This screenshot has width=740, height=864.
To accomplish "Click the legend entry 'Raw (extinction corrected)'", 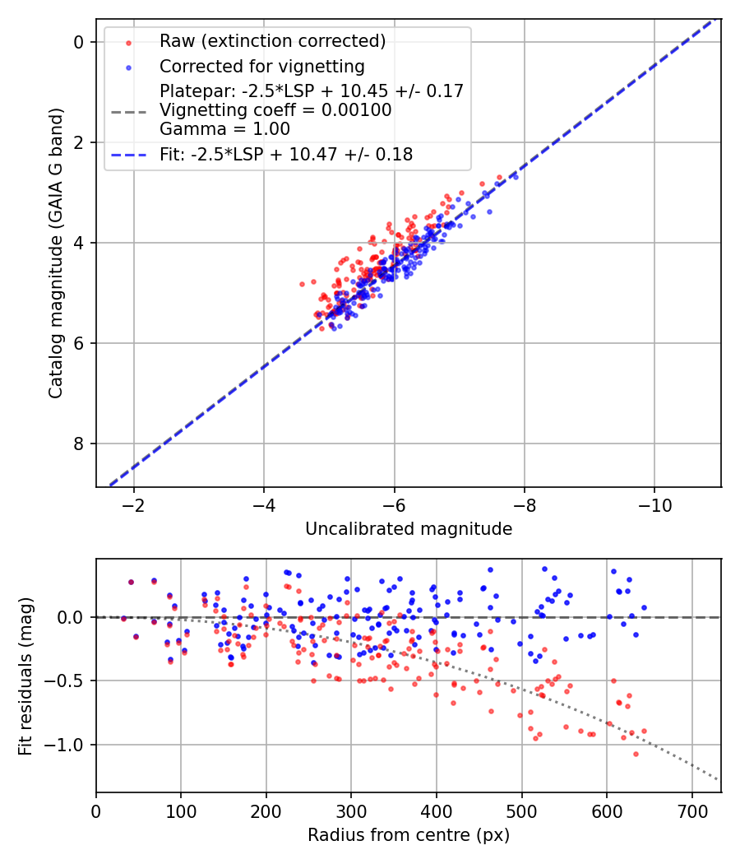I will pyautogui.click(x=272, y=41).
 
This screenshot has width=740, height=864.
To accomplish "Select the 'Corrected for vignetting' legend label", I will pyautogui.click(x=261, y=66).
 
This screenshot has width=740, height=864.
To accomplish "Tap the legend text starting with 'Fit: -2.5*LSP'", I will pyautogui.click(x=286, y=154).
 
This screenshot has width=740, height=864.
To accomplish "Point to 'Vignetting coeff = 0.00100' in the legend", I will pyautogui.click(x=275, y=109).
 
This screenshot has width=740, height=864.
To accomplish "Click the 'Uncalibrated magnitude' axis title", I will pyautogui.click(x=409, y=529).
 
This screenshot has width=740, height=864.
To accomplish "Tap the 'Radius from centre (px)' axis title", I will pyautogui.click(x=409, y=835).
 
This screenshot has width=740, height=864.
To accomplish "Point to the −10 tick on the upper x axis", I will pyautogui.click(x=654, y=502).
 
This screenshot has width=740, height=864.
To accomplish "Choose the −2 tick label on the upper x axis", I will pyautogui.click(x=134, y=502).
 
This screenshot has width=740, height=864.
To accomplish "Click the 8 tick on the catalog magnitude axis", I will pyautogui.click(x=80, y=444).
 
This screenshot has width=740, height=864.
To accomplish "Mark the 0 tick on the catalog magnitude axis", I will pyautogui.click(x=80, y=42).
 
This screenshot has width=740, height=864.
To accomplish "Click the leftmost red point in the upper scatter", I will pyautogui.click(x=302, y=284).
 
